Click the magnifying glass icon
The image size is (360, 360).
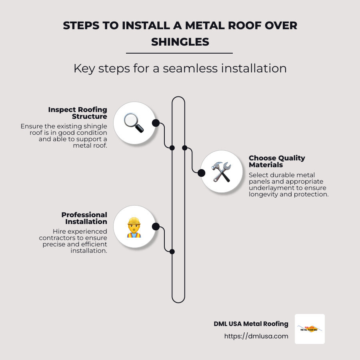coord(134,123)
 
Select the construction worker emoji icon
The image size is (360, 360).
coord(134,227)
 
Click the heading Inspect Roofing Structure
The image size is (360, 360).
coord(78,113)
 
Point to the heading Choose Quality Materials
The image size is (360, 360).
coord(277,161)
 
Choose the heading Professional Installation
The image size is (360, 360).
coord(84,218)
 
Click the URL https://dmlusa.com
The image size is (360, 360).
coord(256,336)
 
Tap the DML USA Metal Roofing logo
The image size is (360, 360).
coord(310,329)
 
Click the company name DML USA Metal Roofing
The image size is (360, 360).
coord(251,324)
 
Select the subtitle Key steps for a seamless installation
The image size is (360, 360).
coord(180,68)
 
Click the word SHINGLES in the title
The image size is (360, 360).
coord(180,41)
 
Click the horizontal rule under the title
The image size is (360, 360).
coord(179,53)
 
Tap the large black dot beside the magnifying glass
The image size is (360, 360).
coord(156,123)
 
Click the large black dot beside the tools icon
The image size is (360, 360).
coord(201,172)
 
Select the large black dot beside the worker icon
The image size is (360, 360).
coord(156,227)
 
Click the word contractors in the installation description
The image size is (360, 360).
coord(67,238)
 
